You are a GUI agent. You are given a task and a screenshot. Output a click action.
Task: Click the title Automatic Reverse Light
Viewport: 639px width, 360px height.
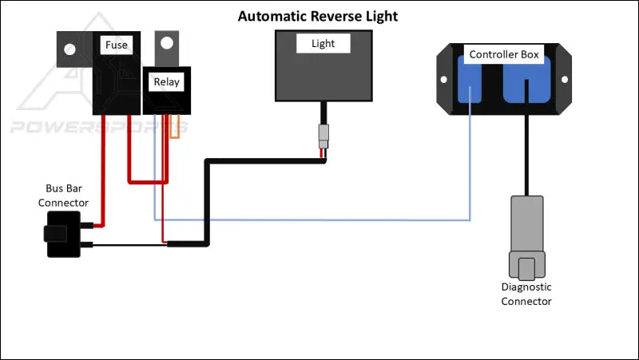pos(318,16)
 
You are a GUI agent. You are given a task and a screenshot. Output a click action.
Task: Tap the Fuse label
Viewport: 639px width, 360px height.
pos(117,45)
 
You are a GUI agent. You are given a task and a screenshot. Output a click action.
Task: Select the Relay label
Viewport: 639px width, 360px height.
pos(167,81)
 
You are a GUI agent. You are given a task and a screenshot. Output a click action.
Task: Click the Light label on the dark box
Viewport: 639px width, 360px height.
pos(323,44)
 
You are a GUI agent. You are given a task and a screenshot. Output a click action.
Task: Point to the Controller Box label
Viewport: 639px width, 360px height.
pos(504,55)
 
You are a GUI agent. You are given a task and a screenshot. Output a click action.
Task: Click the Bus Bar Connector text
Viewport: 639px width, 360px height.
pos(64,196)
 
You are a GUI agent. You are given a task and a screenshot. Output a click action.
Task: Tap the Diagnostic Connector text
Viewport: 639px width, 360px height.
pos(526,294)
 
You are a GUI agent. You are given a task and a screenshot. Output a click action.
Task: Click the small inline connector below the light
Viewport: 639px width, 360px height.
pos(323,133)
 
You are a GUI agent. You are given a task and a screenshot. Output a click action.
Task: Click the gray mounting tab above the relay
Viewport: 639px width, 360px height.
pos(165,47)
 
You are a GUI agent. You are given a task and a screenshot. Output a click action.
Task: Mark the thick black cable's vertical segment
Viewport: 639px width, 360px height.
pos(207,200)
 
